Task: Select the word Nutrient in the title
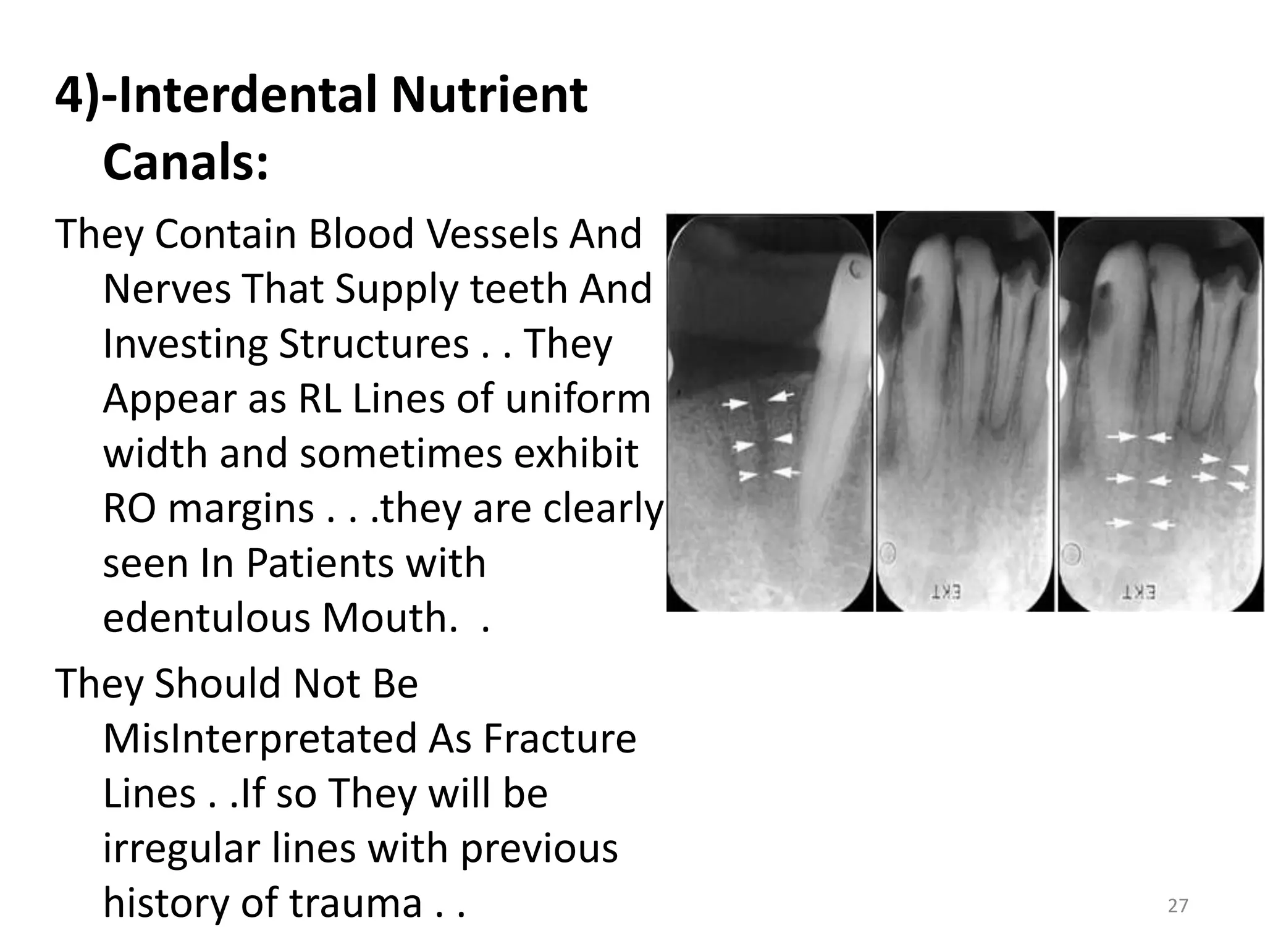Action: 489,96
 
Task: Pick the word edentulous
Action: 207,618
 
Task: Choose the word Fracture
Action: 560,739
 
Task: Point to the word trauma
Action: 356,903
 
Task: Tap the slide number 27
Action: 1178,906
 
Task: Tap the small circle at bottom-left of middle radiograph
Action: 888,552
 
